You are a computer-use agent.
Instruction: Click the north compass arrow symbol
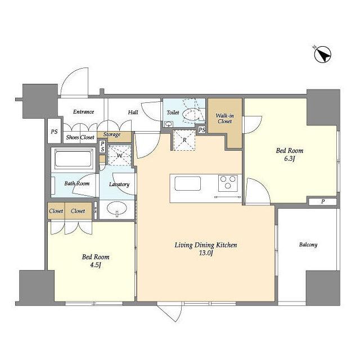[x=322, y=55]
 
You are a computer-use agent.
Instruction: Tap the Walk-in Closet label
[x=225, y=119]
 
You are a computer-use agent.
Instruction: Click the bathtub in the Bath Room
[x=73, y=159]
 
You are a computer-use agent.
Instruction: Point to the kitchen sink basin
[x=187, y=183]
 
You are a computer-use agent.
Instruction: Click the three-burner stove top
[x=228, y=183]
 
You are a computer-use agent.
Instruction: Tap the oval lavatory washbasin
[x=117, y=209]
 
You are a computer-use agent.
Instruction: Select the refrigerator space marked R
[x=184, y=140]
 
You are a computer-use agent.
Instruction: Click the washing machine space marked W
[x=119, y=155]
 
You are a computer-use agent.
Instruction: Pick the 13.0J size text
[x=206, y=253]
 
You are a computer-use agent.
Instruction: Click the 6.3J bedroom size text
[x=289, y=159]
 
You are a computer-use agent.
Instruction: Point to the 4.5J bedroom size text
[x=96, y=265]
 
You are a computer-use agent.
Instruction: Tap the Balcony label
[x=308, y=245]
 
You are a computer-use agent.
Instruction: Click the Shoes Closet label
[x=80, y=137]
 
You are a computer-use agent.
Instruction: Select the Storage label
[x=112, y=134]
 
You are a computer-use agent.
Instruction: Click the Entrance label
[x=84, y=112]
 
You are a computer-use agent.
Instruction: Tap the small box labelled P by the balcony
[x=322, y=201]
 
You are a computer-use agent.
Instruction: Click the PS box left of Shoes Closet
[x=54, y=131]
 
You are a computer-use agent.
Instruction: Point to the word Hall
[x=133, y=112]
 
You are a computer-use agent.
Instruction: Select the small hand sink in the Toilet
[x=169, y=124]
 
